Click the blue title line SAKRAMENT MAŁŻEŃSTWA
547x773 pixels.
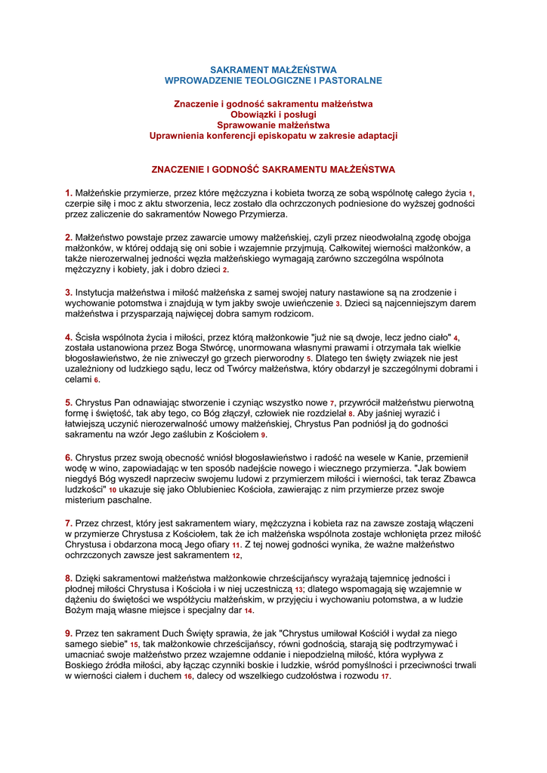[x=273, y=69]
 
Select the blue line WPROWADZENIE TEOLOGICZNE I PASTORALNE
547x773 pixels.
[x=273, y=80]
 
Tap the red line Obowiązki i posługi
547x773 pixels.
[x=273, y=114]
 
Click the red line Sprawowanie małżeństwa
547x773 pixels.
[x=273, y=125]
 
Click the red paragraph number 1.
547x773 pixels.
[x=68, y=193]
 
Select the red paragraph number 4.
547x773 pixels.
[x=68, y=337]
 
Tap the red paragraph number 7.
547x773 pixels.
[x=68, y=522]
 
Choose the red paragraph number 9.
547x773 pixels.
[x=68, y=633]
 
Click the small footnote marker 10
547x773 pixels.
[x=113, y=490]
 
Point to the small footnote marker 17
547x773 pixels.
[x=385, y=676]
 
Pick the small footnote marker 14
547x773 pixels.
[x=249, y=611]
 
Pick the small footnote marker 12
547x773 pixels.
[x=236, y=556]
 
